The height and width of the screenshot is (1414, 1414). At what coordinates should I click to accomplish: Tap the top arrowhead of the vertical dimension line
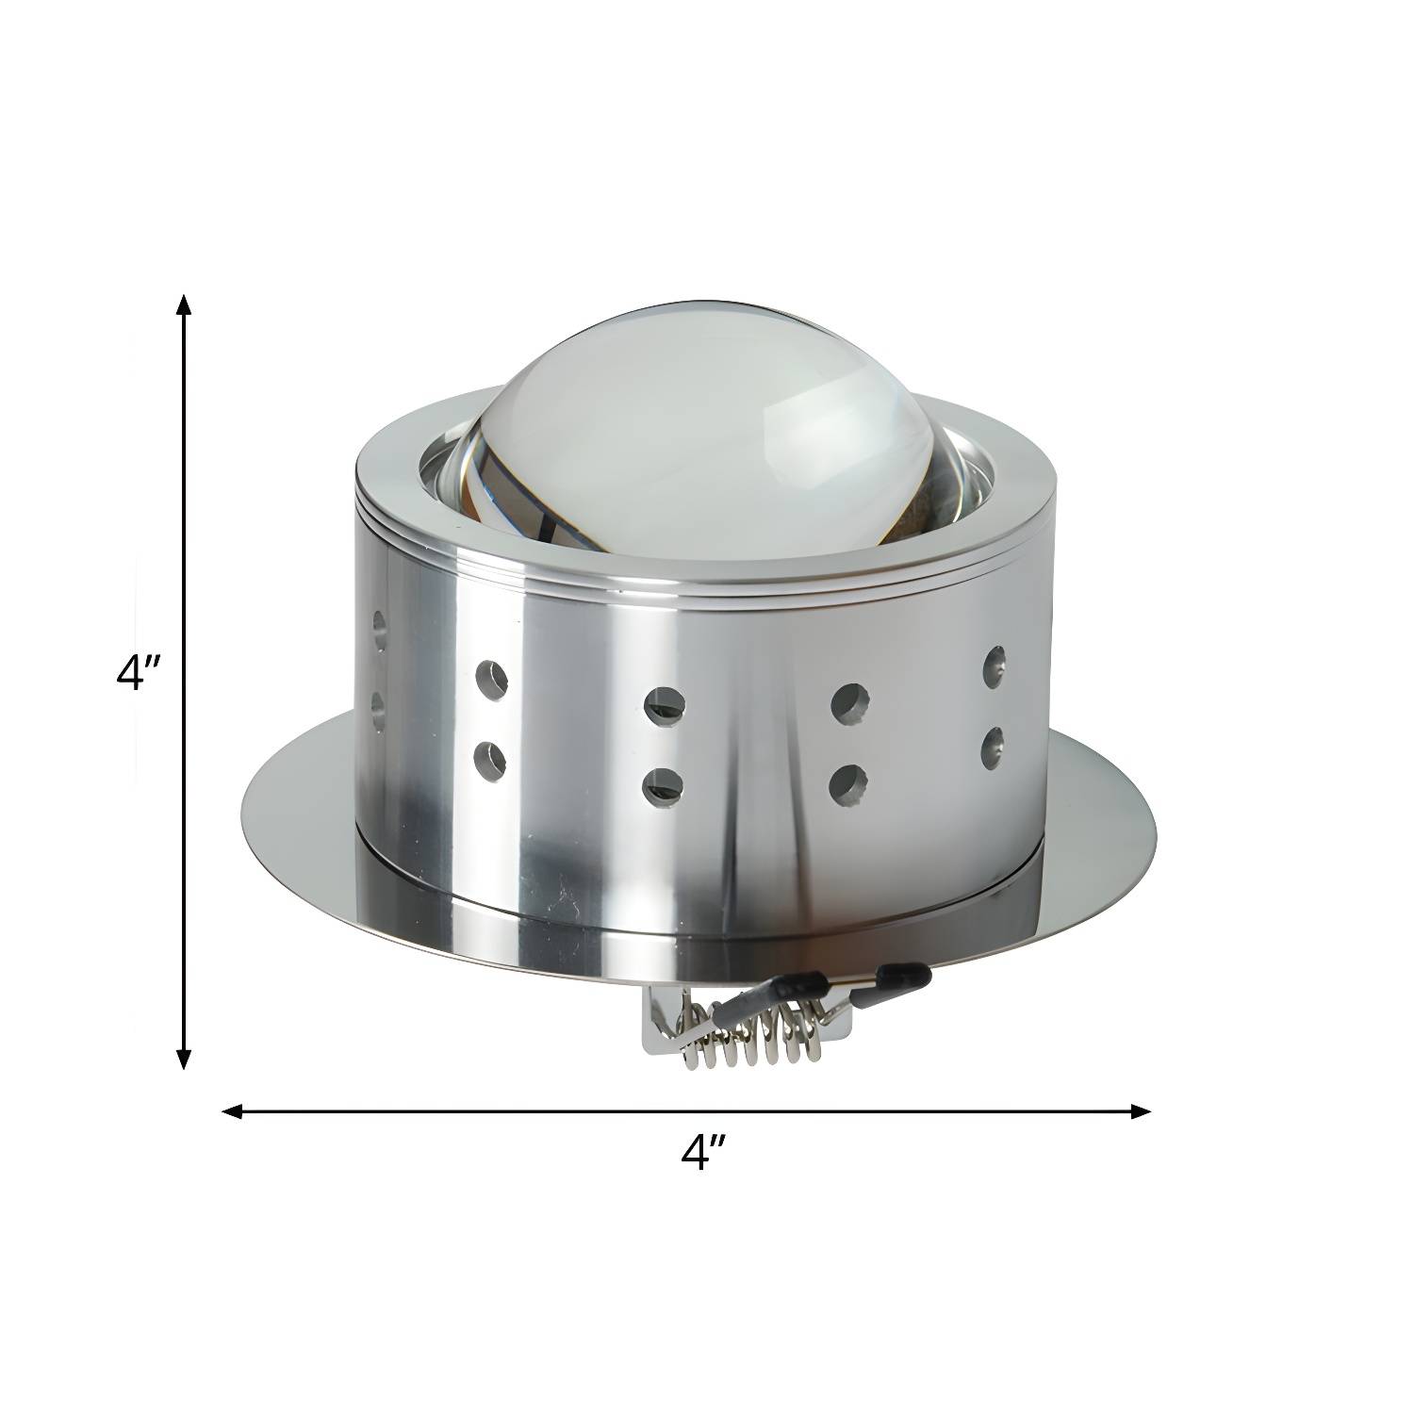(x=185, y=304)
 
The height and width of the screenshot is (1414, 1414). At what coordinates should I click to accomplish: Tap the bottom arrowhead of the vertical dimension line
(x=185, y=1059)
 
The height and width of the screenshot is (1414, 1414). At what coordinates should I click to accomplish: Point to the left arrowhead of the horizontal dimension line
(x=232, y=1111)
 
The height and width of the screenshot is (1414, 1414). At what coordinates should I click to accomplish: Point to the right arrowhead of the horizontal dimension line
(x=1141, y=1111)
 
